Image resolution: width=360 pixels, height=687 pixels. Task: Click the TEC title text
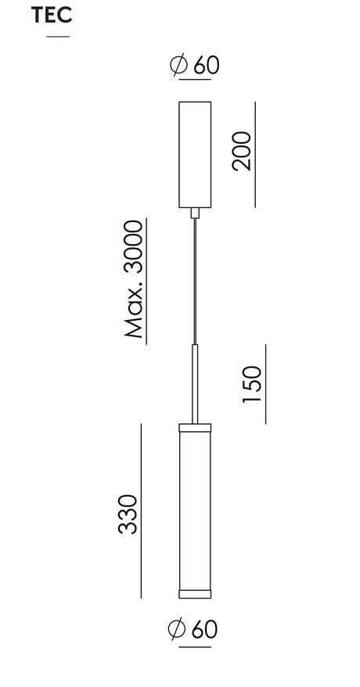(x=52, y=16)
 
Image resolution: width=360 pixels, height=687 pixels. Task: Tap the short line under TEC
(x=58, y=36)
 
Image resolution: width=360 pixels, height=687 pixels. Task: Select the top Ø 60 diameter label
(x=194, y=65)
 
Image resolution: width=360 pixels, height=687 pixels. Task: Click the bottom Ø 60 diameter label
(x=193, y=629)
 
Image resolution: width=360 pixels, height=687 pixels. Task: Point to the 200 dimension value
(x=242, y=151)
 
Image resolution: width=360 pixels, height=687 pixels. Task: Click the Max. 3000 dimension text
(x=134, y=279)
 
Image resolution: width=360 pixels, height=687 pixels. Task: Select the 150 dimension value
(x=252, y=384)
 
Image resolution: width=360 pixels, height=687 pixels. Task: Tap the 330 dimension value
(x=128, y=514)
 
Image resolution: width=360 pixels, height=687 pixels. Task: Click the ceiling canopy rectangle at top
(x=195, y=154)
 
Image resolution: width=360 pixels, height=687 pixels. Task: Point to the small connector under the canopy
(x=195, y=213)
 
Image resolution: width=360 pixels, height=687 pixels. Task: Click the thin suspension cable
(x=195, y=281)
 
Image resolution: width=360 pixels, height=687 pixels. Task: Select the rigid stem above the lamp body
(x=195, y=384)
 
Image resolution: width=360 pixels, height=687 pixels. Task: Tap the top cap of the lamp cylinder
(x=195, y=428)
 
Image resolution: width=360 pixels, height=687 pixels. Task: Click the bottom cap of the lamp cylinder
(x=195, y=594)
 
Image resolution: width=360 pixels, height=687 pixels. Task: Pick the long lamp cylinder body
(x=195, y=511)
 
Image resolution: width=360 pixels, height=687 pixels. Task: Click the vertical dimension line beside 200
(x=255, y=154)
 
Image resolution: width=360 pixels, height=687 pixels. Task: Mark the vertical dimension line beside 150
(x=265, y=384)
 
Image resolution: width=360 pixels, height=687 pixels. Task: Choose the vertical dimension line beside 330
(x=141, y=511)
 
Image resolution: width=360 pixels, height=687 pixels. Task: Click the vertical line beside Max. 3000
(x=146, y=281)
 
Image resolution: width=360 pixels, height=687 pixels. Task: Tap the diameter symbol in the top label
(x=178, y=65)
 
